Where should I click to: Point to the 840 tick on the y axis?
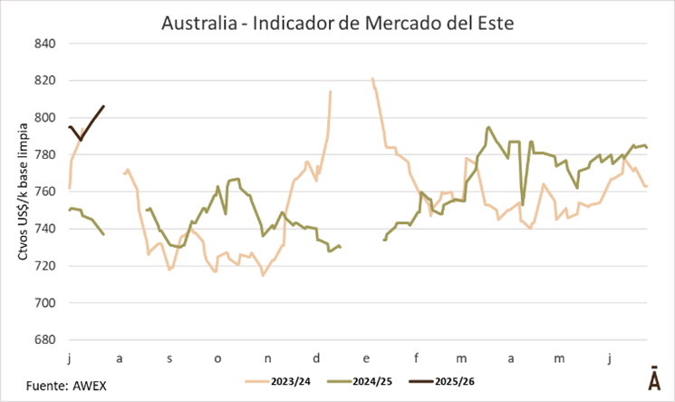coord(44,44)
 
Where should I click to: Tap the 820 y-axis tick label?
coord(44,81)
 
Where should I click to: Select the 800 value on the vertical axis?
coord(44,118)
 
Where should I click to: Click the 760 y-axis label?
coord(44,191)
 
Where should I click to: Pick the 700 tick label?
coord(44,303)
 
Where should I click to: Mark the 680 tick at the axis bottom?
coord(44,340)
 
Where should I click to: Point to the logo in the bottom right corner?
coord(653,379)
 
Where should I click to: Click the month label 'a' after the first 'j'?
coord(120,358)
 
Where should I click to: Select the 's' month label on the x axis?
coord(169,358)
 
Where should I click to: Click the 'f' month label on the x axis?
coord(413,358)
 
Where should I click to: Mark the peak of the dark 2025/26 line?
coord(103,106)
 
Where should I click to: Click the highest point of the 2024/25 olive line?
coord(488,127)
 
